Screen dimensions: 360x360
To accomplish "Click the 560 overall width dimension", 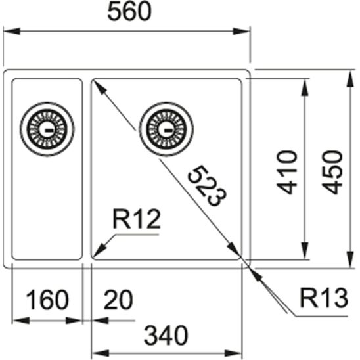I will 129,11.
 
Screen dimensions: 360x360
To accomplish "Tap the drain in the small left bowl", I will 47,127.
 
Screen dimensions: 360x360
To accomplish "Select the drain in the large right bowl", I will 167,127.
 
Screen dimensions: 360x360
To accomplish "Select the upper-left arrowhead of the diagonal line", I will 98,86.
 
